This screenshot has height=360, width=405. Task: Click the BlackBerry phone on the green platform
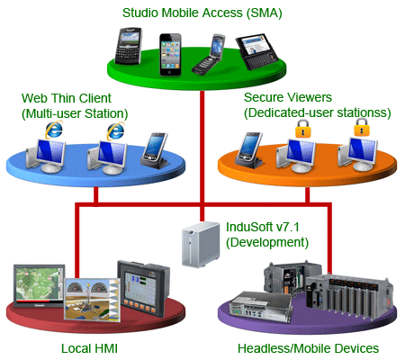128,46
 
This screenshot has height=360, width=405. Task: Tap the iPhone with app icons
170,54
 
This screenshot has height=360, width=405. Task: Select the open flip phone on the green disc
209,54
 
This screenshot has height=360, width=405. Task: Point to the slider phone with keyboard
256,51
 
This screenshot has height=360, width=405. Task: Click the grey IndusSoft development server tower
201,245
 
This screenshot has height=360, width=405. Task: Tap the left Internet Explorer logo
54,130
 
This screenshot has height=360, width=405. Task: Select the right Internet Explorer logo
115,131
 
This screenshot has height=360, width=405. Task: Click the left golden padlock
302,129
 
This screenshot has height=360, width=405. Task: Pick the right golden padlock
362,127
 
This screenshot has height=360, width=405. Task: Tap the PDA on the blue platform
155,150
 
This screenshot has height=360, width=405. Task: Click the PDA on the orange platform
249,150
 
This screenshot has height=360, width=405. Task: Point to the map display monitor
39,285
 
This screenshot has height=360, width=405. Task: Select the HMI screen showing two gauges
93,300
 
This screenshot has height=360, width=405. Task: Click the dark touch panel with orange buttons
143,288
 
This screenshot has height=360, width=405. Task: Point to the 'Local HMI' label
89,348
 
